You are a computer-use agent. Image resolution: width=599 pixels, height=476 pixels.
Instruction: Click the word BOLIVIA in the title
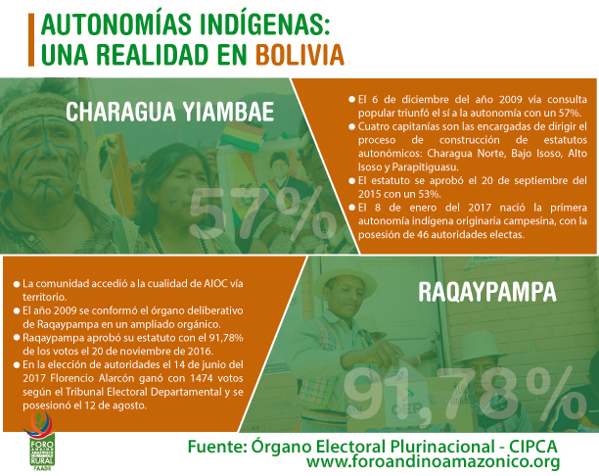click(299, 55)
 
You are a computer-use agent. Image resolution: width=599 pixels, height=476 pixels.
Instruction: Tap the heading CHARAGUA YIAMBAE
click(170, 112)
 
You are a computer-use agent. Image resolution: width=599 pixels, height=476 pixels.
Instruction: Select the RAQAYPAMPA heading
click(487, 292)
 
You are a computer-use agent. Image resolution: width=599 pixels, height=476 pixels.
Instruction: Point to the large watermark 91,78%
click(464, 395)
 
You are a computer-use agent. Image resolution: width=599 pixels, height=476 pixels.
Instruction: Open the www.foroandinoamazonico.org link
click(433, 462)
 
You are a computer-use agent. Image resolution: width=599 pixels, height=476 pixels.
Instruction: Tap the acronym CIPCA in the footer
click(532, 447)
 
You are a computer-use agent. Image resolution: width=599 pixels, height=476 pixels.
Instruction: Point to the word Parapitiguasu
click(425, 167)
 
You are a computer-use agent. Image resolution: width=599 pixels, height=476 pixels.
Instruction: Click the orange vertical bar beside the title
click(31, 40)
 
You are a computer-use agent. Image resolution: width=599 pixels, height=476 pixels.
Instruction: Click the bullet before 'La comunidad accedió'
click(17, 284)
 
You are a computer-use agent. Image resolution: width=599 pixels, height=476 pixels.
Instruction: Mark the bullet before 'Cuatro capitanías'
click(351, 126)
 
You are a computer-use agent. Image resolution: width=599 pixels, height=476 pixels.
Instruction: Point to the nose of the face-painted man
click(49, 147)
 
